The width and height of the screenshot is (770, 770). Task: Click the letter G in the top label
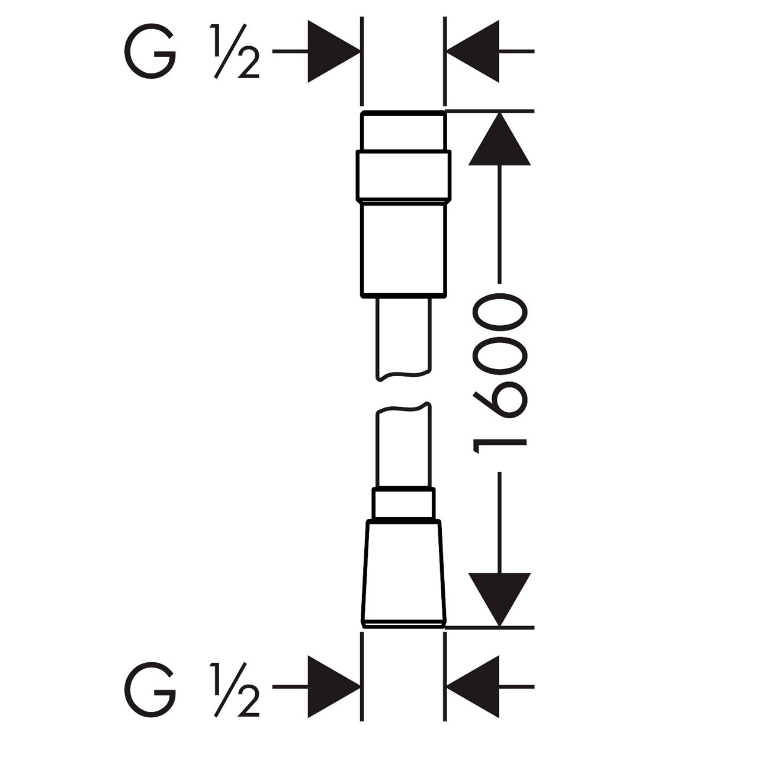[150, 52]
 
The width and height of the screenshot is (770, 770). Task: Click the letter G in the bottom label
[150, 689]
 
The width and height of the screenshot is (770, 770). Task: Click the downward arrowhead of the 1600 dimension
[500, 598]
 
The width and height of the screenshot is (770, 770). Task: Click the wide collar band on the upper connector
[403, 176]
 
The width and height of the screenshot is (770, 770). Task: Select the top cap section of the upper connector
[403, 131]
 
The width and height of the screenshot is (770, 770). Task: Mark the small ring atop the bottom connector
[403, 504]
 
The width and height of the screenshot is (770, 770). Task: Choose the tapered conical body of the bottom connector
[403, 572]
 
